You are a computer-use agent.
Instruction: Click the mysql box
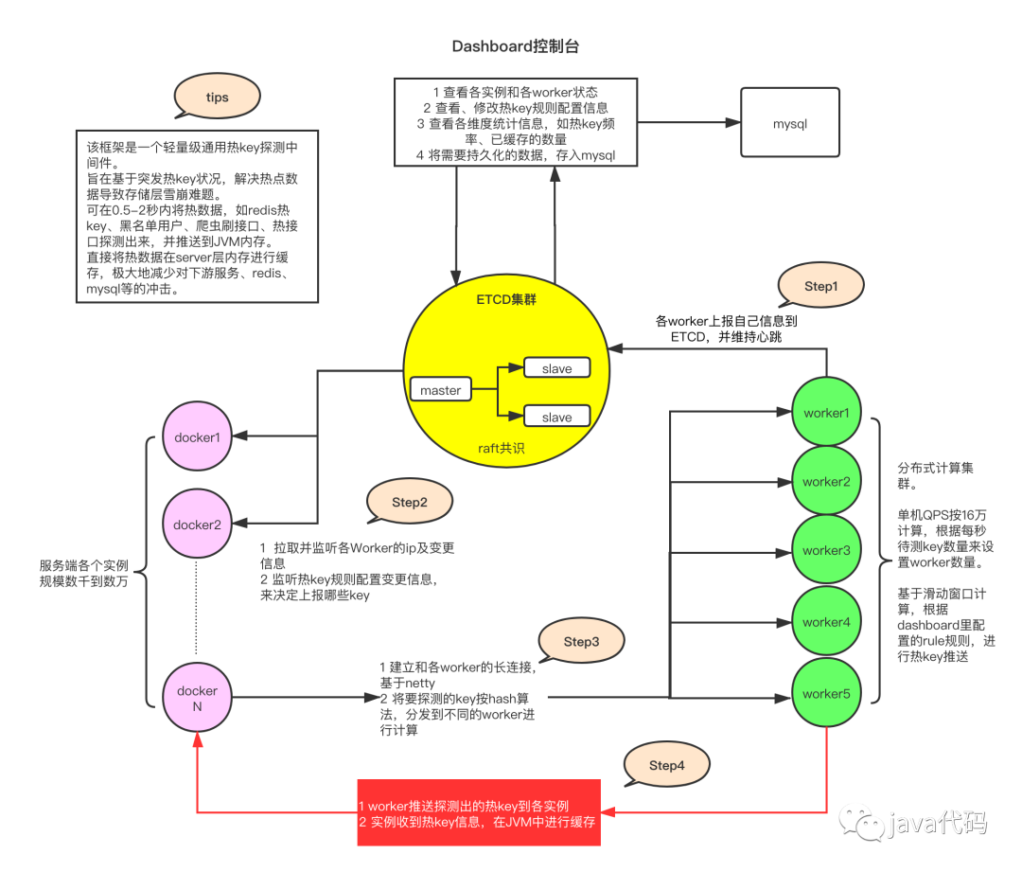pos(790,123)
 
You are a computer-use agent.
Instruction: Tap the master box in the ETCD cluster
pos(440,389)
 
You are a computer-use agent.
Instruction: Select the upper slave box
pos(556,368)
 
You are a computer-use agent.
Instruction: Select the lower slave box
pos(556,417)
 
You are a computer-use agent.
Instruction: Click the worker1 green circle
pos(825,413)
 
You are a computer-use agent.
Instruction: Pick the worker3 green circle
pos(825,550)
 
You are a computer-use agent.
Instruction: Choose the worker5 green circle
pos(825,694)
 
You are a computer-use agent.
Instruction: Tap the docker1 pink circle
pos(197,437)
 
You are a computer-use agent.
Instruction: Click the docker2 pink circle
pos(197,525)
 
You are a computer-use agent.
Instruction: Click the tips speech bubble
pos(217,98)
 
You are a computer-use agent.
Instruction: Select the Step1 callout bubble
pos(820,286)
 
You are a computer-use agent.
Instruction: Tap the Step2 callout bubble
pos(410,502)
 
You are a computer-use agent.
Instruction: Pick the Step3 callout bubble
pos(581,641)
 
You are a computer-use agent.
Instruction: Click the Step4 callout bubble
pos(666,765)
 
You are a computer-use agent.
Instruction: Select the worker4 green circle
pos(825,622)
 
